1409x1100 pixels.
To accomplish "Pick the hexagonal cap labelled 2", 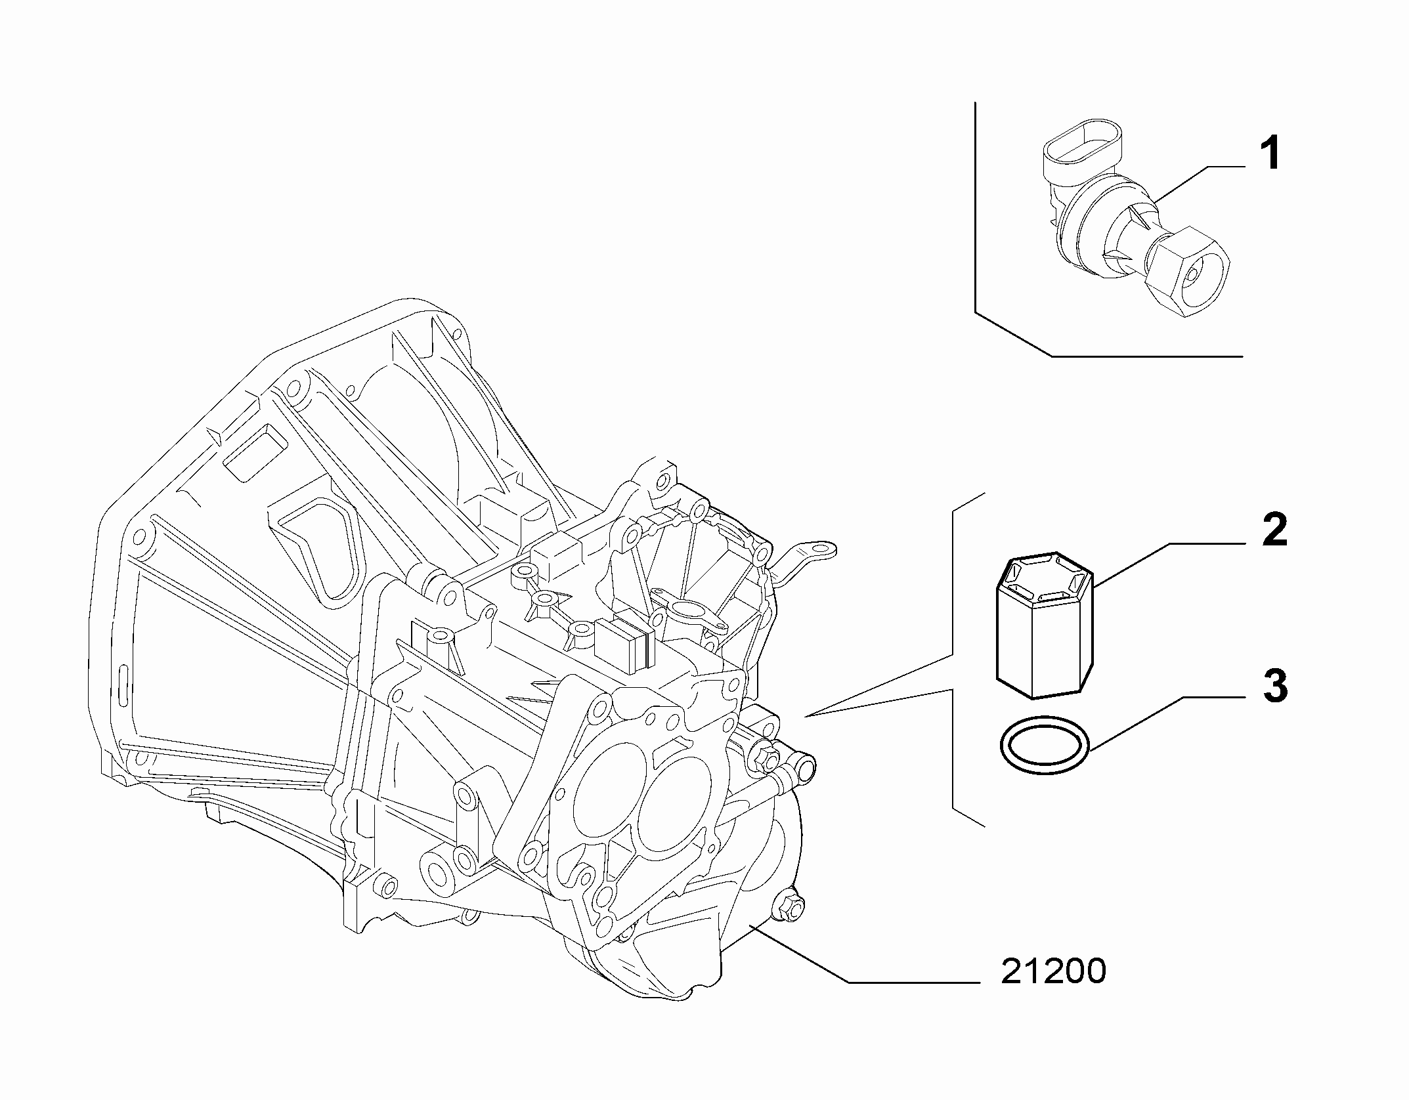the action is click(x=1045, y=624).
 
